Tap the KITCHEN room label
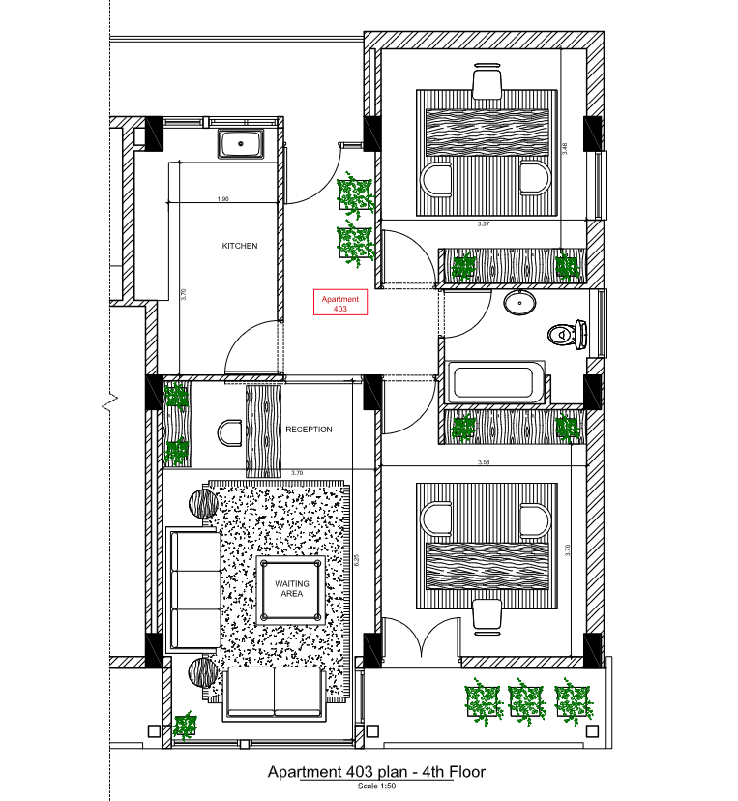pyautogui.click(x=240, y=247)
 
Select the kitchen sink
pyautogui.click(x=241, y=144)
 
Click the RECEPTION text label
pyautogui.click(x=309, y=430)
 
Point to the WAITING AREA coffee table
pyautogui.click(x=291, y=589)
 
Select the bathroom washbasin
pyautogui.click(x=520, y=304)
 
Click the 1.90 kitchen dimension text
pyautogui.click(x=222, y=199)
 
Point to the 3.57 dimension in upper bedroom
pyautogui.click(x=485, y=223)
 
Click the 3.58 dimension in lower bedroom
pyautogui.click(x=485, y=463)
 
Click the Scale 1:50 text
pyautogui.click(x=375, y=786)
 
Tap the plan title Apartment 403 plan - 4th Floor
pyautogui.click(x=375, y=772)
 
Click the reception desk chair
pyautogui.click(x=231, y=432)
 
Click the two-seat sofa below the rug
pyautogui.click(x=274, y=694)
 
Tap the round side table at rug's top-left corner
pyautogui.click(x=204, y=504)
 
